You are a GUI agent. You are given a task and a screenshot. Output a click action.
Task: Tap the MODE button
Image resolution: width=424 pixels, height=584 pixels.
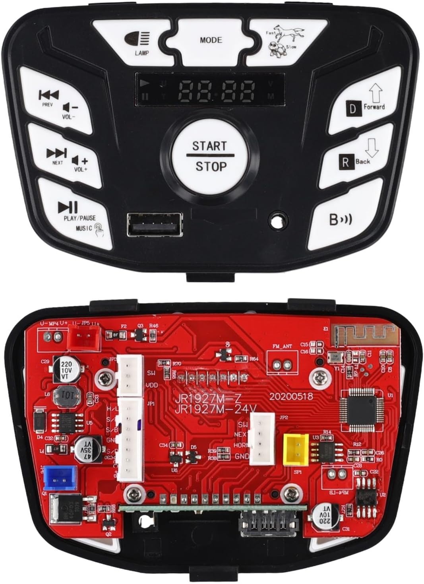coord(211,40)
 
